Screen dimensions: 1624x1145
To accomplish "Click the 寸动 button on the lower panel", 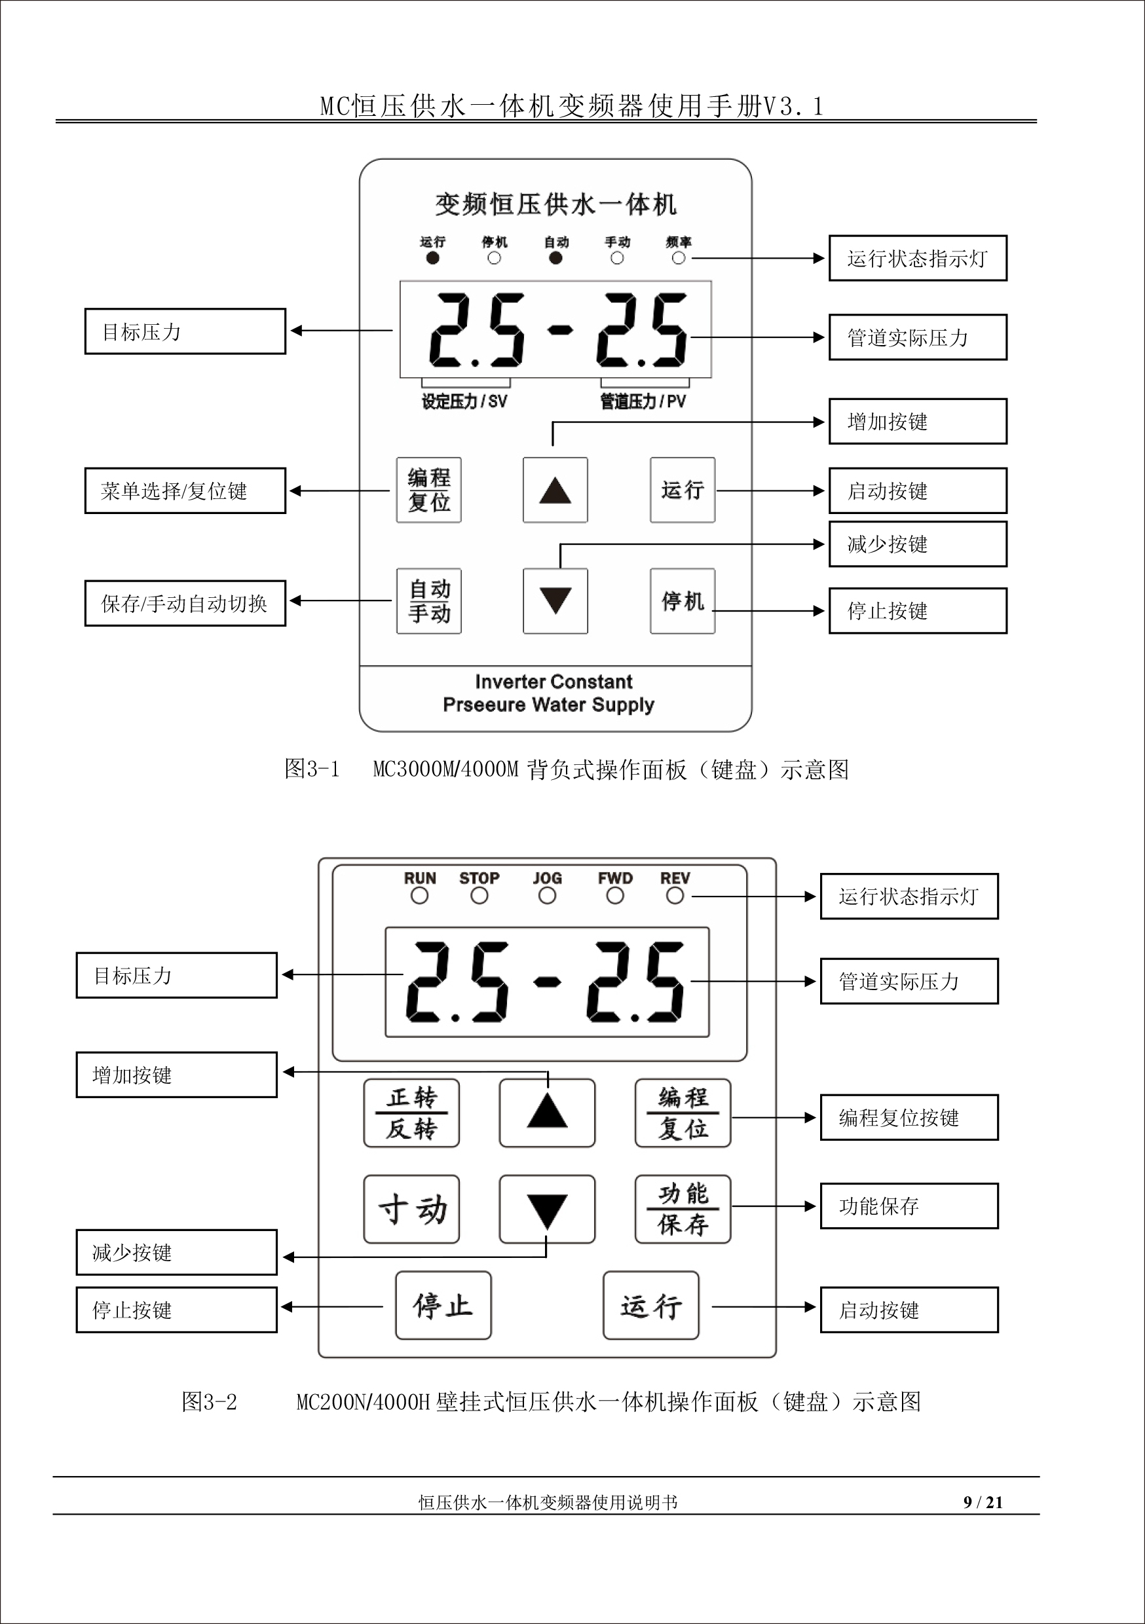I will [411, 1209].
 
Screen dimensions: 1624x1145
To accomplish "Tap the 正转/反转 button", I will [411, 1113].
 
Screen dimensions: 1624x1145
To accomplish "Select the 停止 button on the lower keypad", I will [443, 1305].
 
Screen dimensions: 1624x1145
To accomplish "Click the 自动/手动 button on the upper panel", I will [429, 600].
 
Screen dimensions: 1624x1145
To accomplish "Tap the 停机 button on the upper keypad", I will [682, 600].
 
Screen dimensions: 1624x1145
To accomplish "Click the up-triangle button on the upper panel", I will [555, 490].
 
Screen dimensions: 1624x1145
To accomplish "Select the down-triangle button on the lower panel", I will [547, 1209].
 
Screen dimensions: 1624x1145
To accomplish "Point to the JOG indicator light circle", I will [547, 895].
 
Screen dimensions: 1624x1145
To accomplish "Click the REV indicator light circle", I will [675, 895].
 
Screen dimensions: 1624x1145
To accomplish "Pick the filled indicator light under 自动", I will [555, 258].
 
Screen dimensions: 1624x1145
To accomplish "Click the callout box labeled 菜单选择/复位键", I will [185, 490].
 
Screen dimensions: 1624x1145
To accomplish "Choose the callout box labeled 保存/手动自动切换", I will [185, 603].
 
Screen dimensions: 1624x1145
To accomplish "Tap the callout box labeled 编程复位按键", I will [909, 1118].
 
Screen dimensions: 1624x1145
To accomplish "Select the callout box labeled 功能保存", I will [909, 1206].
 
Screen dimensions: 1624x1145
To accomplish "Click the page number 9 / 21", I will [983, 1502].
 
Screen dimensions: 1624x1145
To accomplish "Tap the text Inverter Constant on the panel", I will [554, 682].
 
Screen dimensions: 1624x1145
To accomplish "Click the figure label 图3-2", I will [209, 1402].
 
